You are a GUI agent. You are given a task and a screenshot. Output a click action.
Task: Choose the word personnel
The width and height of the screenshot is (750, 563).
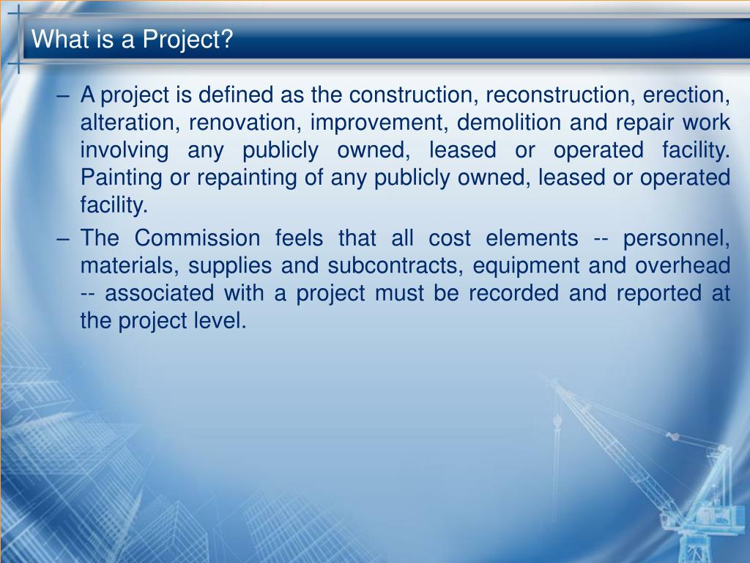click(677, 238)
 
